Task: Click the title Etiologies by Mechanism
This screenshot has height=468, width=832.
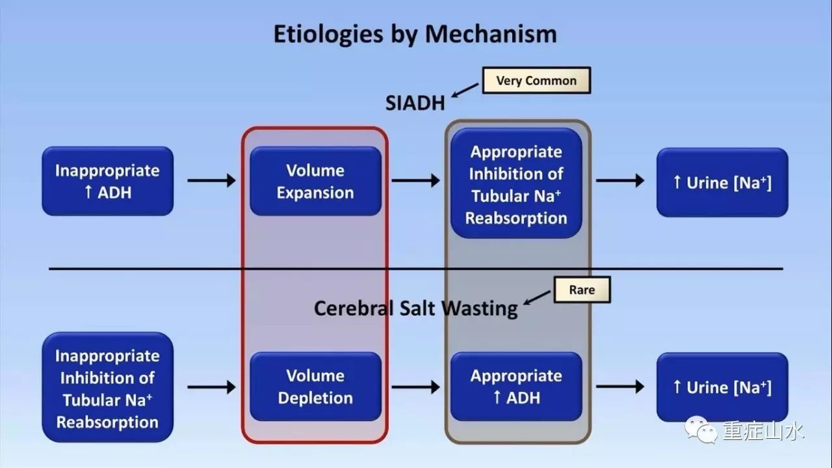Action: pyautogui.click(x=415, y=34)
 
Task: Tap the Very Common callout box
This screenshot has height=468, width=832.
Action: pyautogui.click(x=536, y=81)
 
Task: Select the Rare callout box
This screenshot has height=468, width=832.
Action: pyautogui.click(x=582, y=290)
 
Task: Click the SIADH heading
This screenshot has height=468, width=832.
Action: pyautogui.click(x=415, y=103)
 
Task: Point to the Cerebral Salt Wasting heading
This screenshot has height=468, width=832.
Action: pyautogui.click(x=415, y=308)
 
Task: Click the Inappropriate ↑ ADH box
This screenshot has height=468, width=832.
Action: pyautogui.click(x=108, y=181)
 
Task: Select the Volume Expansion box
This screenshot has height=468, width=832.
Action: pyautogui.click(x=315, y=181)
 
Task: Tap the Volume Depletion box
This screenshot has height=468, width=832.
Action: pyautogui.click(x=315, y=387)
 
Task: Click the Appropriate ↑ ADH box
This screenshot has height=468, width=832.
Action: pyautogui.click(x=516, y=387)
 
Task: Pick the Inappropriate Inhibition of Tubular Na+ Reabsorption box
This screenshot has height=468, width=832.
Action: pyautogui.click(x=108, y=388)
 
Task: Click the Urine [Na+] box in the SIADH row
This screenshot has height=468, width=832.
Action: pyautogui.click(x=722, y=182)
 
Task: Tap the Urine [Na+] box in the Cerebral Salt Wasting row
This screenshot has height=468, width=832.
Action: pyautogui.click(x=722, y=387)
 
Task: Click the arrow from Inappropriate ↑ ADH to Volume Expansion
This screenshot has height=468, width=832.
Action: pyautogui.click(x=212, y=180)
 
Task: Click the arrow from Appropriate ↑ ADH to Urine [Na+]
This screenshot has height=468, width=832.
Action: pyautogui.click(x=620, y=387)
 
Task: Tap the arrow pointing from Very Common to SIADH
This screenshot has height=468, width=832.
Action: pyautogui.click(x=465, y=90)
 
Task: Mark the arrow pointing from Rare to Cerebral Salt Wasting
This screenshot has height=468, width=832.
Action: pyautogui.click(x=537, y=298)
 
